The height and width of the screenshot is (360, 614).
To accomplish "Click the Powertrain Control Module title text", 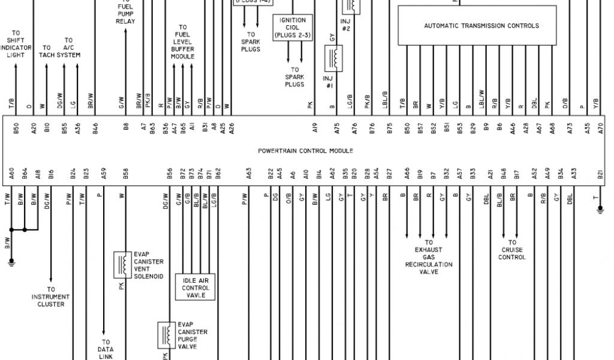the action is [305, 151].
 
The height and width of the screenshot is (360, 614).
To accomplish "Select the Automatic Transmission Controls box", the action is [481, 26].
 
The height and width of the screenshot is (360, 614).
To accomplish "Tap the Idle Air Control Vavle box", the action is [194, 287].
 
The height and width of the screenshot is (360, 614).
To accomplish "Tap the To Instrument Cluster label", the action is [51, 296].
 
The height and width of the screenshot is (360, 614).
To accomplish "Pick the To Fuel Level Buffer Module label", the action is [182, 42].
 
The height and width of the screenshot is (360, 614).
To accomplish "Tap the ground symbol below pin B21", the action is [600, 210].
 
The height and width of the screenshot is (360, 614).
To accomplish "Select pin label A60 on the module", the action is [11, 175].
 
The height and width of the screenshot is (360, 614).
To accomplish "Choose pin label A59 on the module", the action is [104, 175].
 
